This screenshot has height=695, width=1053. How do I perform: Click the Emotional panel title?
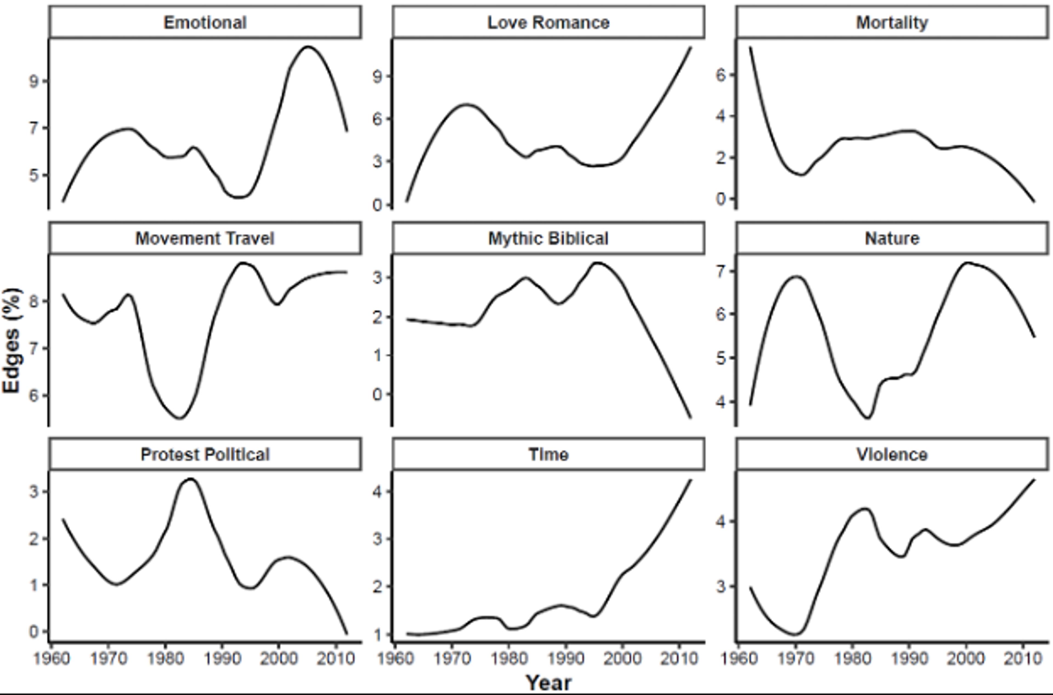(x=205, y=22)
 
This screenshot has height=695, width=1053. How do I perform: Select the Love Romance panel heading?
(x=548, y=22)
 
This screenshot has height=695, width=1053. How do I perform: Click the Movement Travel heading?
(x=205, y=239)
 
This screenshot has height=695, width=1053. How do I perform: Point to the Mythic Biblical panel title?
(x=548, y=239)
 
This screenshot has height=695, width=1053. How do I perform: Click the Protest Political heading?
(x=205, y=454)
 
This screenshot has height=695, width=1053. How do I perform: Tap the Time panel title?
(x=548, y=454)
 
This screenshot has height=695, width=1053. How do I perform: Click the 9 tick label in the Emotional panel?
(x=34, y=81)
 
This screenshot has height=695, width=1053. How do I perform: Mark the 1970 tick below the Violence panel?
(x=796, y=659)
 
